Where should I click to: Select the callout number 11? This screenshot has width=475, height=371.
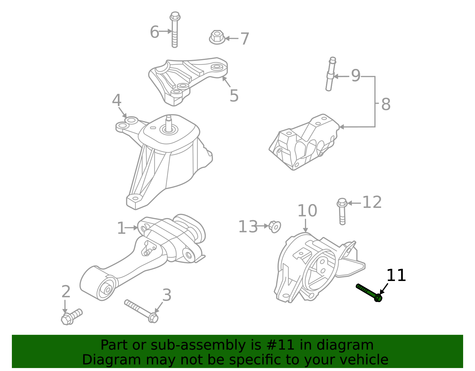[396, 276]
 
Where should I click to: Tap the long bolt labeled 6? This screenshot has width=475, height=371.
[175, 30]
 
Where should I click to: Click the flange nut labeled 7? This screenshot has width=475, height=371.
[217, 37]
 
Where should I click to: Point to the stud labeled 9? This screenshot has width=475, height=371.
[330, 74]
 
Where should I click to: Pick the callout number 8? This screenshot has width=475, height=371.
[385, 105]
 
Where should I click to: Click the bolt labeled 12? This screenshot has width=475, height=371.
[342, 211]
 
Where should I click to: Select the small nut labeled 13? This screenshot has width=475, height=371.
[275, 227]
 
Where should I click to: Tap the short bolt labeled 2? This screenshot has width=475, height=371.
[71, 317]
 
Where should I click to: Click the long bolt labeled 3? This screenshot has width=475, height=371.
[141, 311]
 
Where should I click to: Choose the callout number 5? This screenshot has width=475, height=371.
[234, 96]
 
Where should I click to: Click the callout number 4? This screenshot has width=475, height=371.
[117, 100]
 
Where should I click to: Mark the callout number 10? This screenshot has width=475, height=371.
[307, 211]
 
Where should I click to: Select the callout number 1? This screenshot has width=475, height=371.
[121, 228]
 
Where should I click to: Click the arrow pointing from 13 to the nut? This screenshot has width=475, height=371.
[262, 226]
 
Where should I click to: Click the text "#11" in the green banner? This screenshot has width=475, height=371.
[281, 345]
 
